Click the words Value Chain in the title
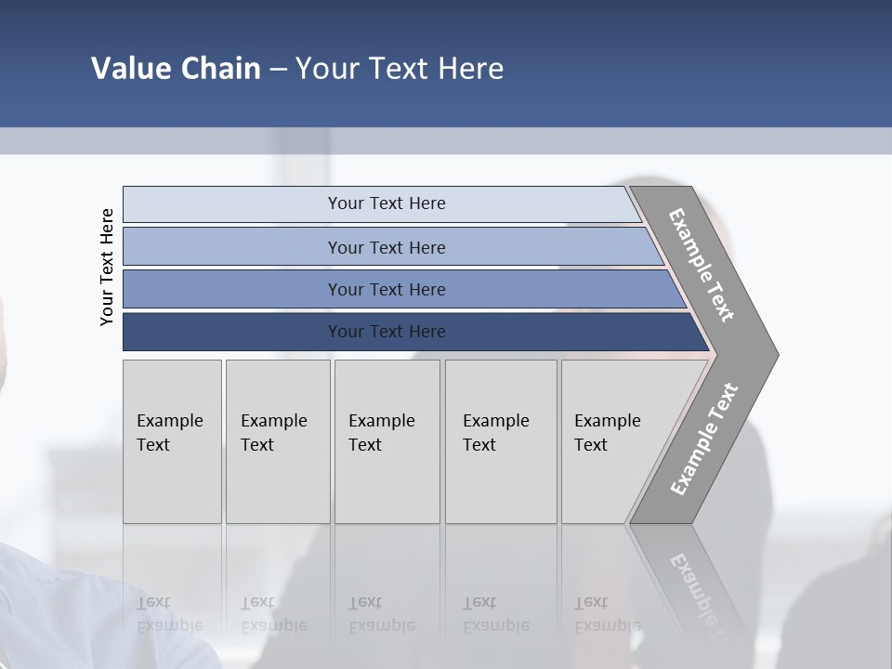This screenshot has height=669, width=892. tap(176, 69)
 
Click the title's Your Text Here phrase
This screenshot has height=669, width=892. tap(400, 69)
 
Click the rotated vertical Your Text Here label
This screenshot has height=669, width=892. tap(107, 267)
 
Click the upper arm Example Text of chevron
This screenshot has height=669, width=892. tap(702, 265)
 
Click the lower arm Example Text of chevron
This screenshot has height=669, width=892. tap(703, 439)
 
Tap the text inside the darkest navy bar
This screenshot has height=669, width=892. tap(387, 332)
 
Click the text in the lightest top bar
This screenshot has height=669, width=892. tap(387, 203)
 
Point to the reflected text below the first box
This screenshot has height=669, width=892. tap(169, 614)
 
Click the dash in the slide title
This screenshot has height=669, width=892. tap(278, 70)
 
